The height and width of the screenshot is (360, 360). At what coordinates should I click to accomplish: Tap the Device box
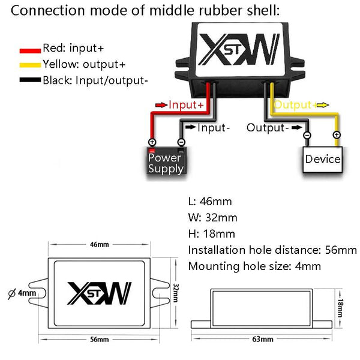tap(322, 159)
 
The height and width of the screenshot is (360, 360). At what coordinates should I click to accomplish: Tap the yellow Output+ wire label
tap(293, 105)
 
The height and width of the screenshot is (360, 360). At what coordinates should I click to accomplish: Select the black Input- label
tap(214, 127)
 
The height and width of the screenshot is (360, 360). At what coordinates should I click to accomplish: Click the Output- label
tap(268, 127)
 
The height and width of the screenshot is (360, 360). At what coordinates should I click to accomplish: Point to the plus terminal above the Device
tap(337, 135)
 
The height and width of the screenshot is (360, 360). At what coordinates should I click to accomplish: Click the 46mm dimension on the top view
tap(99, 245)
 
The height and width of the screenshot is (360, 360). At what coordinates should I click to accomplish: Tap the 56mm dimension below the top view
tap(99, 340)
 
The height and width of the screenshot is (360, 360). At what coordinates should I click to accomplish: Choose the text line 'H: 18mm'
tap(211, 233)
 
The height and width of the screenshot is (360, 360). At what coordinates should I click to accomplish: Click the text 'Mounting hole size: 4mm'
tap(254, 266)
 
